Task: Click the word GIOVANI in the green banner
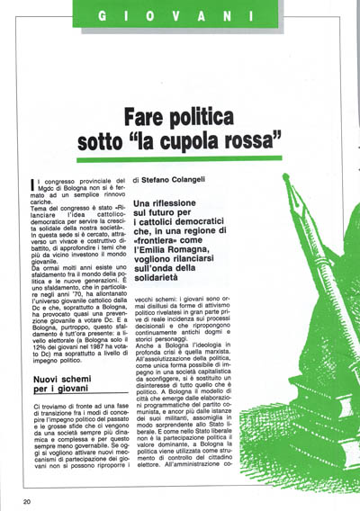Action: (179, 15)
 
